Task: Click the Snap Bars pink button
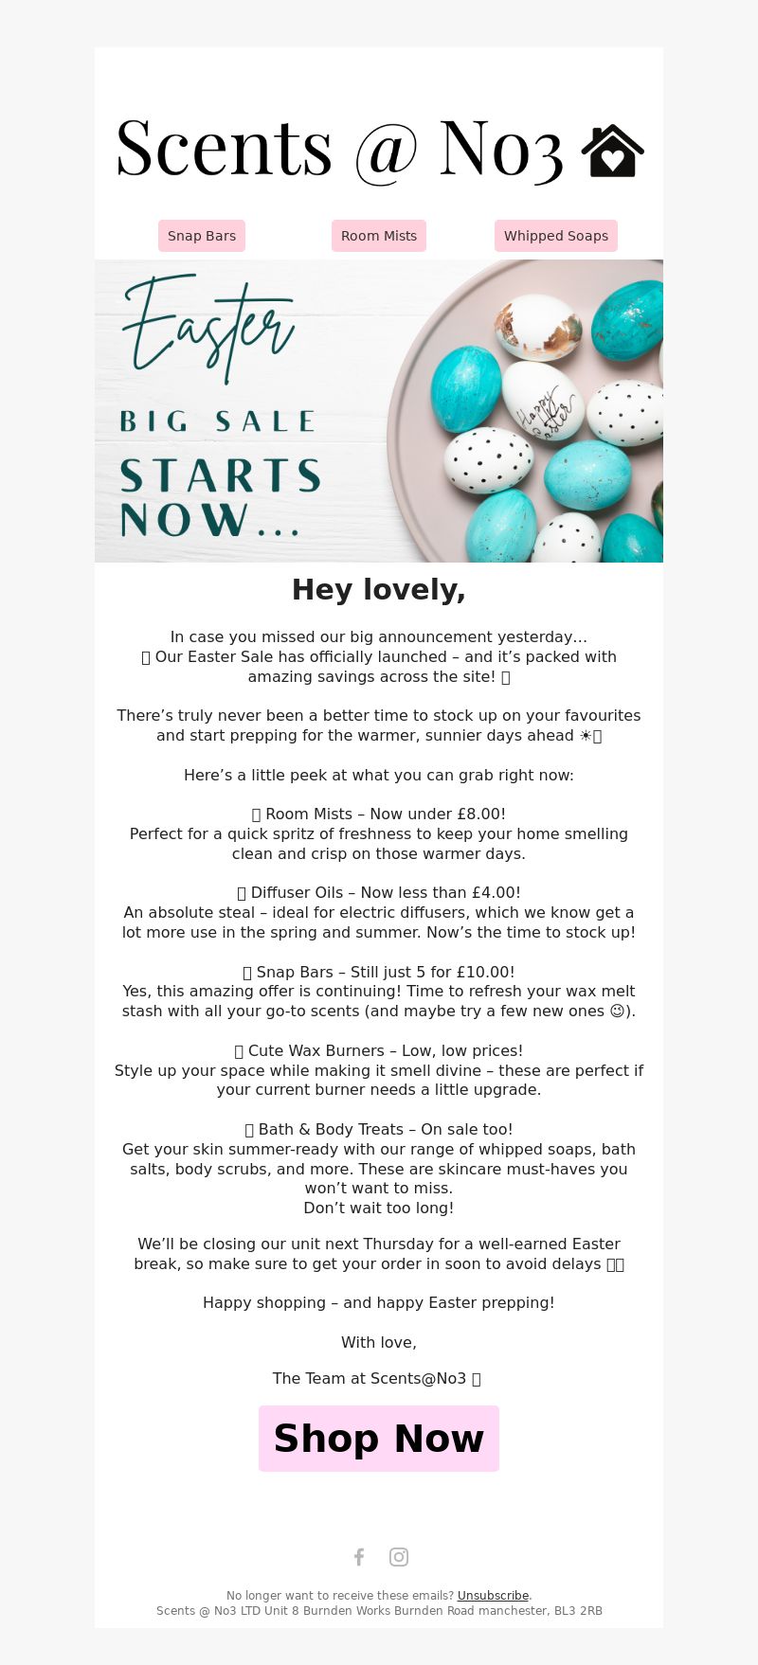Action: pyautogui.click(x=202, y=236)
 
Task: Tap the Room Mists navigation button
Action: pyautogui.click(x=379, y=236)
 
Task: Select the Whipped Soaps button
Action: pyautogui.click(x=556, y=236)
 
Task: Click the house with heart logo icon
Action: pyautogui.click(x=612, y=152)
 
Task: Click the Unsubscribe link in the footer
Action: pyautogui.click(x=493, y=1596)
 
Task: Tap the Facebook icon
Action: pyautogui.click(x=359, y=1557)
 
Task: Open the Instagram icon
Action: pyautogui.click(x=399, y=1557)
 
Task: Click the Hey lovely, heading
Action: pyautogui.click(x=379, y=589)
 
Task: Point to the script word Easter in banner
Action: pyautogui.click(x=208, y=327)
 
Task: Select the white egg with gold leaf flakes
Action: pyautogui.click(x=537, y=325)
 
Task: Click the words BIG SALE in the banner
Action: pyautogui.click(x=218, y=421)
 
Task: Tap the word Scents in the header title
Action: pyautogui.click(x=224, y=150)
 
